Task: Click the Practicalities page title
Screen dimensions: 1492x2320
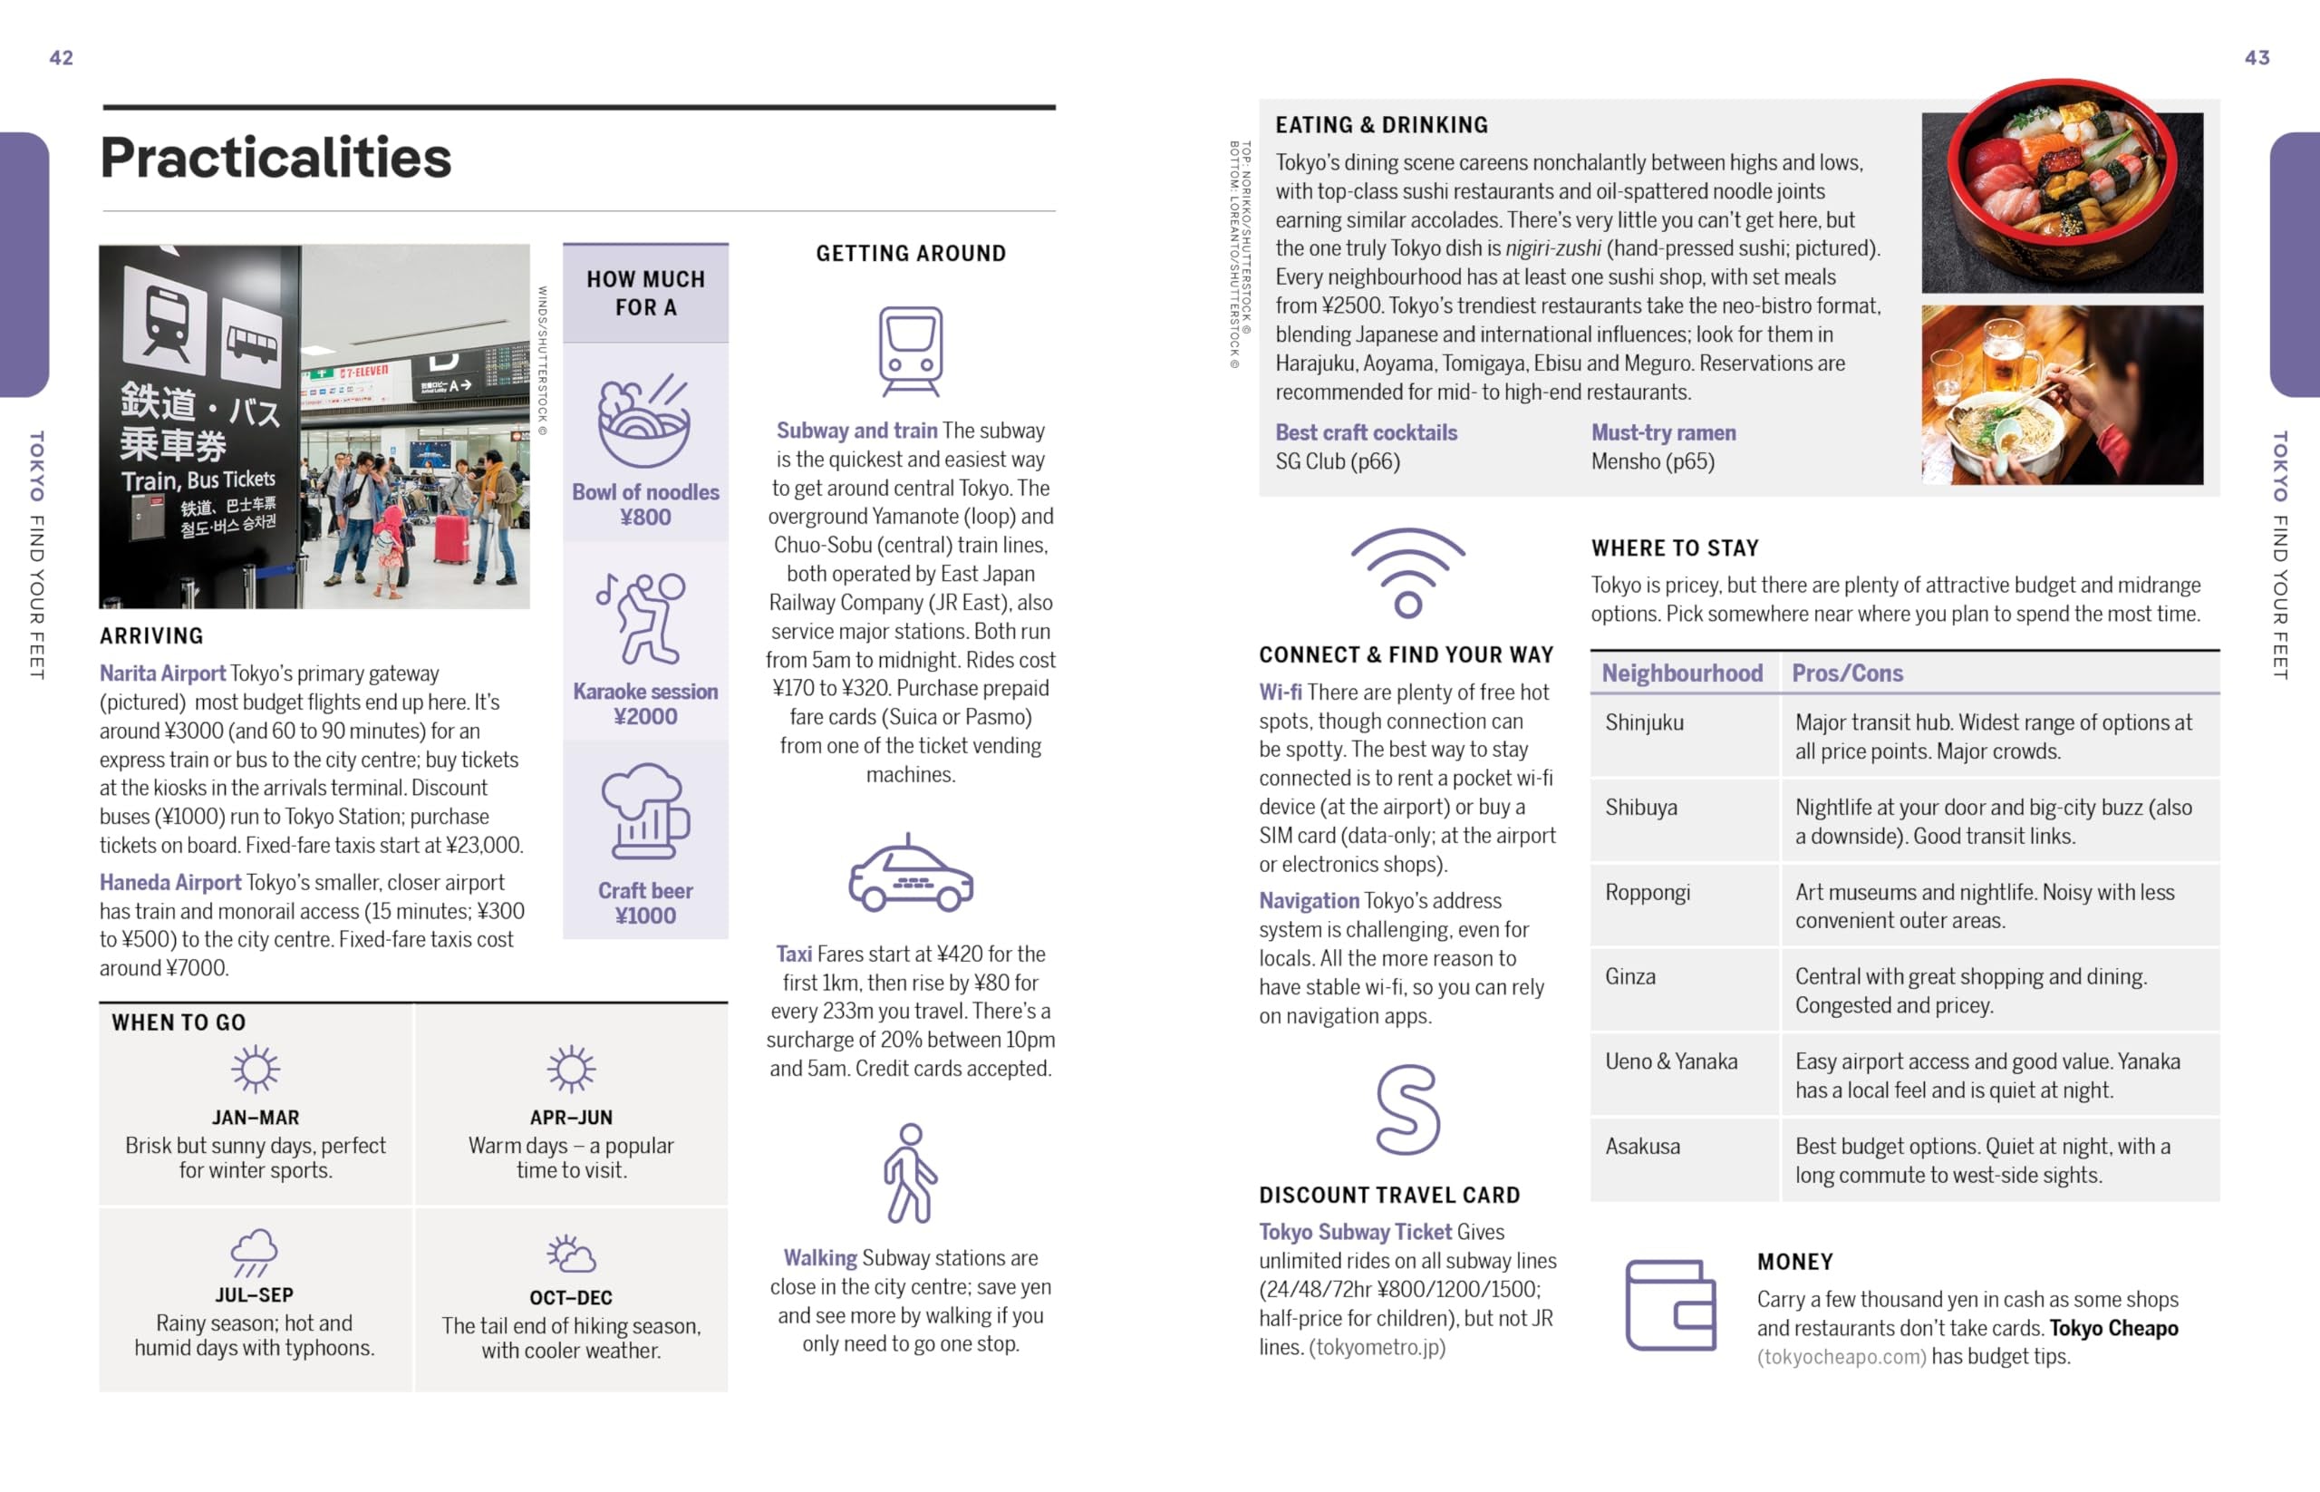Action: (x=276, y=158)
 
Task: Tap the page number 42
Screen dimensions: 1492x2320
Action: (x=61, y=58)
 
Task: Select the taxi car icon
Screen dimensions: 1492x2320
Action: (x=910, y=876)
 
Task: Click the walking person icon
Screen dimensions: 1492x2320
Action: (x=910, y=1173)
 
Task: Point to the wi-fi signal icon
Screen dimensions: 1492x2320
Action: (x=1407, y=573)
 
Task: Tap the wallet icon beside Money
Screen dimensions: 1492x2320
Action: (x=1670, y=1304)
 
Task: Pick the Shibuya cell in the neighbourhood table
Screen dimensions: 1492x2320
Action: (x=1641, y=808)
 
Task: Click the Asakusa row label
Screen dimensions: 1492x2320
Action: (x=1642, y=1147)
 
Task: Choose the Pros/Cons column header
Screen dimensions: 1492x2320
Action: (x=1846, y=673)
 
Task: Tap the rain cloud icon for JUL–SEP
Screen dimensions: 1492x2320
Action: (x=254, y=1253)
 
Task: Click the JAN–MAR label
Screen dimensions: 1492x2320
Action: (x=256, y=1117)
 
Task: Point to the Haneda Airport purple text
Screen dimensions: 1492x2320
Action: (x=170, y=883)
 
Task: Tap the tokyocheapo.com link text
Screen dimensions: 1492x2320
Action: (x=1841, y=1356)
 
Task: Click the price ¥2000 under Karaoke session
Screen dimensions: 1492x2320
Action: (x=645, y=717)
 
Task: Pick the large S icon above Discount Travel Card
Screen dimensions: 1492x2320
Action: (x=1407, y=1110)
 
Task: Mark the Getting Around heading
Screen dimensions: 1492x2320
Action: (x=911, y=254)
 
